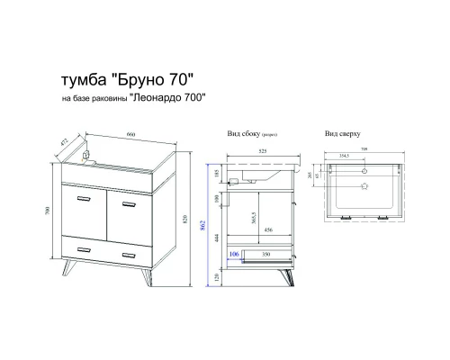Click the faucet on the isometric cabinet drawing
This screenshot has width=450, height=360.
click(86, 154)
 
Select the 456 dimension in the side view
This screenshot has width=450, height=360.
click(267, 230)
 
